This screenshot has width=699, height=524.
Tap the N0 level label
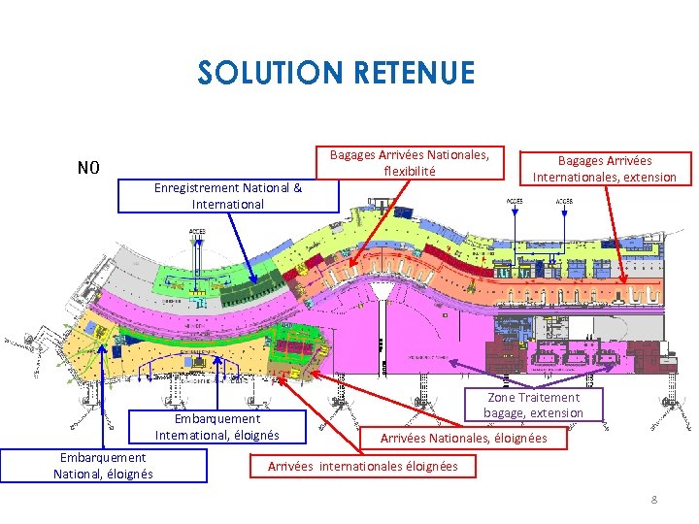coord(88,168)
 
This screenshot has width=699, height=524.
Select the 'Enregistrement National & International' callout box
coord(228,195)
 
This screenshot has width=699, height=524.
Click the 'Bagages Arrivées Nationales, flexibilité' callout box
coord(410,163)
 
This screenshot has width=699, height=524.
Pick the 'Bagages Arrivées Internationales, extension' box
coord(604,168)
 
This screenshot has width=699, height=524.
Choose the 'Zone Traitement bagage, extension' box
coord(534,405)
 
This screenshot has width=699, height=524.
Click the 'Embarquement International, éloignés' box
coord(216,427)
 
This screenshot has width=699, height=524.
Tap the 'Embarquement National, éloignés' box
coord(103,465)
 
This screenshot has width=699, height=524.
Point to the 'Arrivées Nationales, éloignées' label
coord(463,439)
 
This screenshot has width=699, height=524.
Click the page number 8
coord(653,500)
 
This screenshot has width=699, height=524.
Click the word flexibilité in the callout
coord(409,171)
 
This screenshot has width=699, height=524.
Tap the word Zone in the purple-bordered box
coord(501,398)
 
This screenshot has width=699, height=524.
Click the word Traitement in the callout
coord(548,398)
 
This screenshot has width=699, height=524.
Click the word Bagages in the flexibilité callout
coord(352,154)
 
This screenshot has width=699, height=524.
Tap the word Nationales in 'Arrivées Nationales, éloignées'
coord(460,439)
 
